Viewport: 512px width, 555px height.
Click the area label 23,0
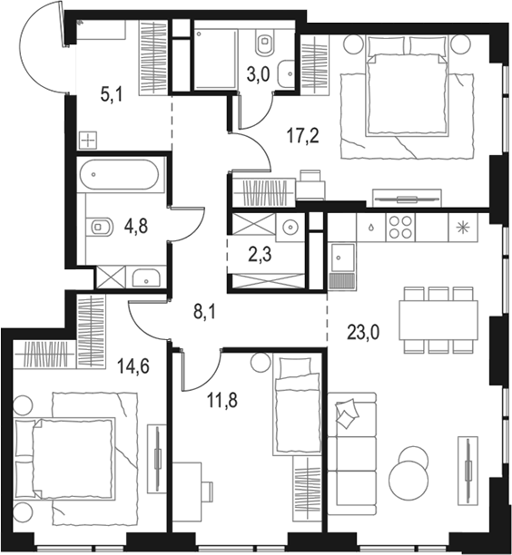coord(362,332)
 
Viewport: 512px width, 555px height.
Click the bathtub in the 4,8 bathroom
coord(121,174)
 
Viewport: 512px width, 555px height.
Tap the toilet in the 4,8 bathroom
coord(99,227)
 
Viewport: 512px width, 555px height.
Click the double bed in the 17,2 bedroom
coord(408,86)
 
